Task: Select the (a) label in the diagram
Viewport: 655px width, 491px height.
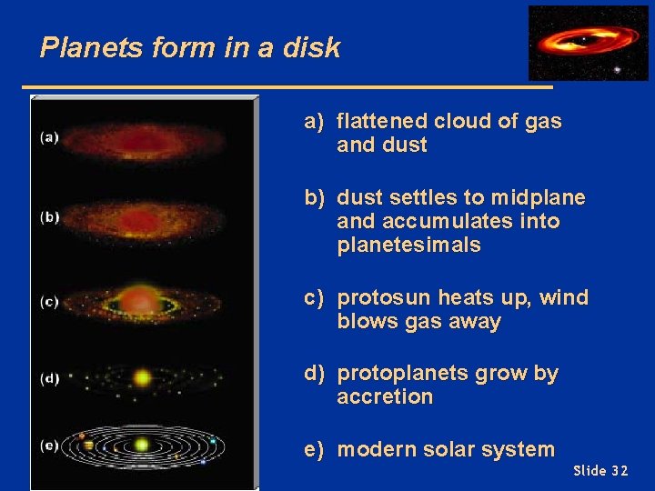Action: pyautogui.click(x=49, y=137)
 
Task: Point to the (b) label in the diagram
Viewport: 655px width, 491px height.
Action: pyautogui.click(x=49, y=216)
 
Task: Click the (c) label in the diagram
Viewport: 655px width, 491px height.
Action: pyautogui.click(x=49, y=302)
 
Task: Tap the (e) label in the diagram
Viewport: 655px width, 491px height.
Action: pyautogui.click(x=49, y=445)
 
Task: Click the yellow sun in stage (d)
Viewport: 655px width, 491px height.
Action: pyautogui.click(x=142, y=376)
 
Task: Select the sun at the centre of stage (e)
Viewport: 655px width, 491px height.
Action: pyautogui.click(x=141, y=445)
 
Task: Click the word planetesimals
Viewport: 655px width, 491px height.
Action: pyautogui.click(x=408, y=245)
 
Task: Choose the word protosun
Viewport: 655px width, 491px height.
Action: pyautogui.click(x=387, y=298)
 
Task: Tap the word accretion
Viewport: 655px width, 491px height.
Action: pyautogui.click(x=384, y=397)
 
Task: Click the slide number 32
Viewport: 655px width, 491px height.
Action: pyautogui.click(x=619, y=471)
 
